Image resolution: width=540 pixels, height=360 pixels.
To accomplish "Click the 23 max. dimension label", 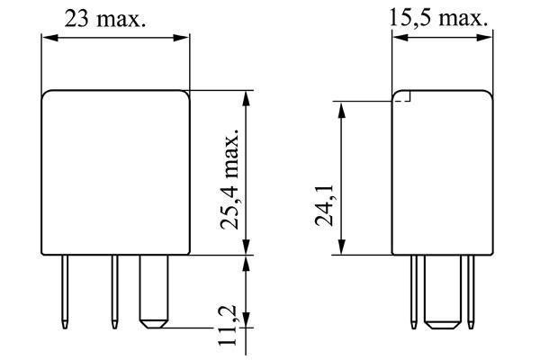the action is [x=105, y=19].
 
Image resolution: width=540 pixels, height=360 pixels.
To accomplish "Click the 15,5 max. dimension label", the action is [x=438, y=17].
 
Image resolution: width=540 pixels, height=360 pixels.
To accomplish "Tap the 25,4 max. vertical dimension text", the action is [x=229, y=179].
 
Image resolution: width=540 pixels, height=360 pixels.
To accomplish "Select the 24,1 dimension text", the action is [x=324, y=205].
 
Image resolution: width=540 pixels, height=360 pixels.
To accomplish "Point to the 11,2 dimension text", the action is [x=228, y=325].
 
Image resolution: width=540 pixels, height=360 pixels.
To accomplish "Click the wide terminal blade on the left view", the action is [x=154, y=292].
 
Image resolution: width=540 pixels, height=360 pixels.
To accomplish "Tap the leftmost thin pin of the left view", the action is [x=65, y=292].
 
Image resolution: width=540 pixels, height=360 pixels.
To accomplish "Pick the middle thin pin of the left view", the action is [x=114, y=292].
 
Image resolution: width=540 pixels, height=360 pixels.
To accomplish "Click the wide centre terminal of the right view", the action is [x=443, y=292].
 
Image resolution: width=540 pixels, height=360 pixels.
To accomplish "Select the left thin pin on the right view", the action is [x=414, y=292].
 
